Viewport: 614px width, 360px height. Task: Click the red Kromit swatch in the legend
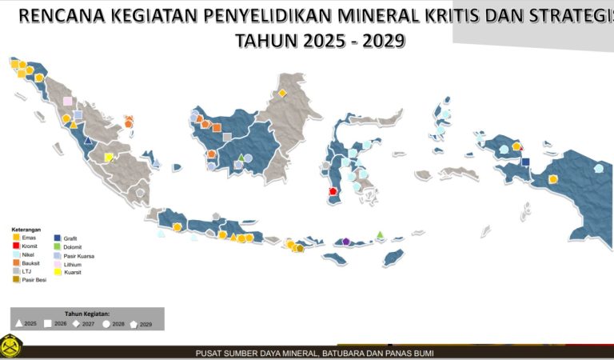[x=17, y=246]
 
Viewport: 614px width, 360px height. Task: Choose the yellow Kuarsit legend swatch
[x=58, y=273]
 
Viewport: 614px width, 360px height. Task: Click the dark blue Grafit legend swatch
[x=58, y=238]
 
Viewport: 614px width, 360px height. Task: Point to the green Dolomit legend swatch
[x=58, y=246]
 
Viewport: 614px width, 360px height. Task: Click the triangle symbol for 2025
[x=18, y=323]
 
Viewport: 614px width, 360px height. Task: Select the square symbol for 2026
[x=47, y=323]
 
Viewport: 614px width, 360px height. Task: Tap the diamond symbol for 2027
[x=76, y=323]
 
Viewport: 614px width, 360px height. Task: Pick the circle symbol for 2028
[x=106, y=323]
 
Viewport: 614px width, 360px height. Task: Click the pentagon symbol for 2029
[x=134, y=323]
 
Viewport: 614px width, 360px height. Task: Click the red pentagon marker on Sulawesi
[x=333, y=191]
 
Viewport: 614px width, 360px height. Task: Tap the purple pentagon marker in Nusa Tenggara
[x=345, y=241]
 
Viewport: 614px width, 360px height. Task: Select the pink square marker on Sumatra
[x=68, y=102]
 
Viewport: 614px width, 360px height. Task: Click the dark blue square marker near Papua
[x=525, y=162]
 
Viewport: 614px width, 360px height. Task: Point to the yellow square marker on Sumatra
[x=109, y=158]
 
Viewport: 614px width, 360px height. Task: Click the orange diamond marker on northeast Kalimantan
[x=282, y=93]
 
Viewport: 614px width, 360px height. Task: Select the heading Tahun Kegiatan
[x=87, y=314]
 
